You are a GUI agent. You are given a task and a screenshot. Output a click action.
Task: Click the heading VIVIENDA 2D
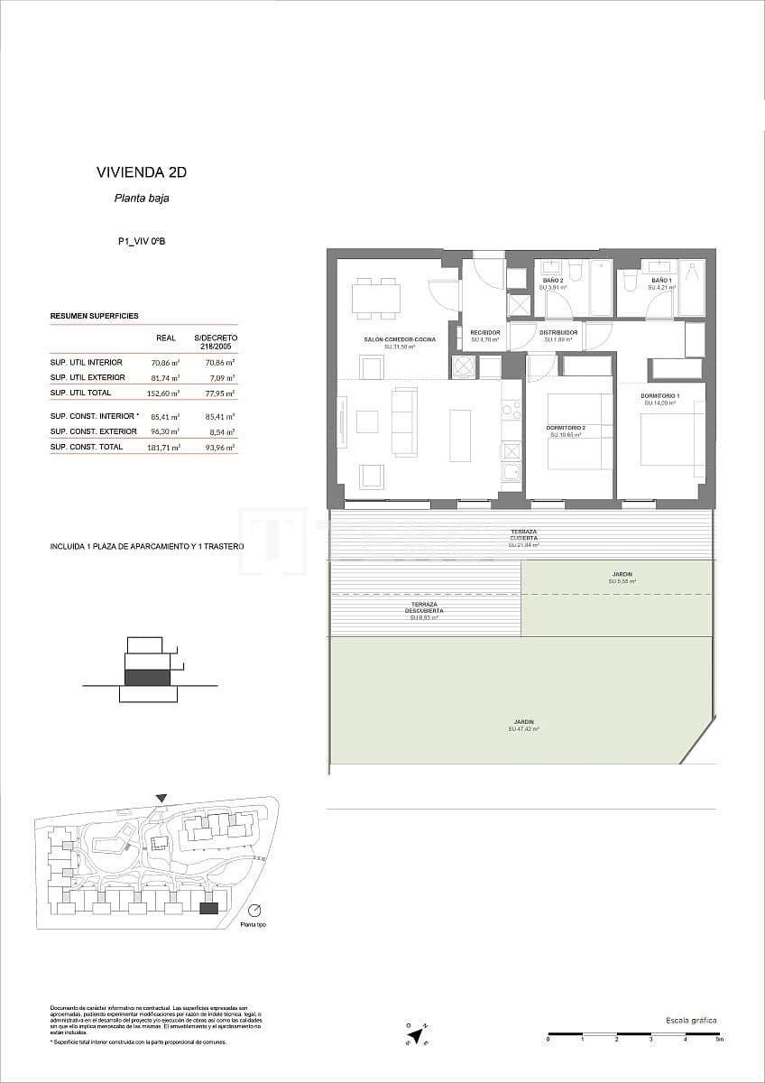[x=141, y=171]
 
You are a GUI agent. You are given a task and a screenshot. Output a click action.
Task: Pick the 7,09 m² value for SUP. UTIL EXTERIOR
[x=220, y=378]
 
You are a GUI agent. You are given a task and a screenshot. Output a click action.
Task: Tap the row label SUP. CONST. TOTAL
[x=86, y=447]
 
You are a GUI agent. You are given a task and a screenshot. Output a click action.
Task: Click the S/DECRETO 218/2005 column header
[x=216, y=341]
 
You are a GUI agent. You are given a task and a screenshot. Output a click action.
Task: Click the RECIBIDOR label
[x=484, y=333]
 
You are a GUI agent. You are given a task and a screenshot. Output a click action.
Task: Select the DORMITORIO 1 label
[x=660, y=397]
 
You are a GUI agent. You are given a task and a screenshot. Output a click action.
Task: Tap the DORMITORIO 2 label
[x=566, y=428]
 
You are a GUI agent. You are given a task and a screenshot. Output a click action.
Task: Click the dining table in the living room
[x=376, y=298]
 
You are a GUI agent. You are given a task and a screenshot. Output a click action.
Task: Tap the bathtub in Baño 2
[x=601, y=287]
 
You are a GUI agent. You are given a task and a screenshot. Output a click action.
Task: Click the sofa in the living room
[x=405, y=421]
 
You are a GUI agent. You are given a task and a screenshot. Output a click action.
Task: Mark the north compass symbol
[x=413, y=1033]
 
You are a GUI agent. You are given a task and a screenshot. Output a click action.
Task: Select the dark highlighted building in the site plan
[x=208, y=909]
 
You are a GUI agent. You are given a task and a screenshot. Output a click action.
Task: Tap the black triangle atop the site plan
[x=161, y=798]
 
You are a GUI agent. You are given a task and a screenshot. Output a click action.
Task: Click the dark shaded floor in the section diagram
[x=147, y=677]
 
